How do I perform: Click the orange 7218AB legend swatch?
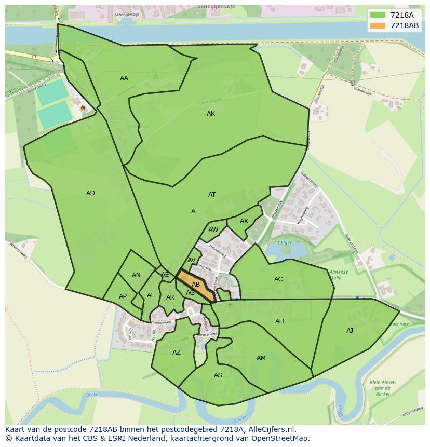click(378, 25)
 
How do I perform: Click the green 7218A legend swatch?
click(378, 15)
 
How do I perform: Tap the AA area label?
click(124, 78)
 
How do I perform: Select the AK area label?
click(211, 114)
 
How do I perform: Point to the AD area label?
click(90, 193)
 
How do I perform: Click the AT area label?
click(212, 195)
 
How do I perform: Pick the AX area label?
click(244, 221)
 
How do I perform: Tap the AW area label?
click(213, 230)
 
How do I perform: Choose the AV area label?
click(192, 260)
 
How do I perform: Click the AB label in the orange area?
click(196, 285)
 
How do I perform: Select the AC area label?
click(278, 279)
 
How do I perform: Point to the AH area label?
click(279, 321)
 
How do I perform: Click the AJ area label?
click(350, 331)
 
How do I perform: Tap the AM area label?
click(261, 358)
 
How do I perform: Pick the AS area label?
click(218, 375)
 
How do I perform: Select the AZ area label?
click(177, 353)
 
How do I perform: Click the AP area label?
click(123, 296)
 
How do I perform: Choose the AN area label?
click(136, 275)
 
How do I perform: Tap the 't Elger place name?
click(284, 243)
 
